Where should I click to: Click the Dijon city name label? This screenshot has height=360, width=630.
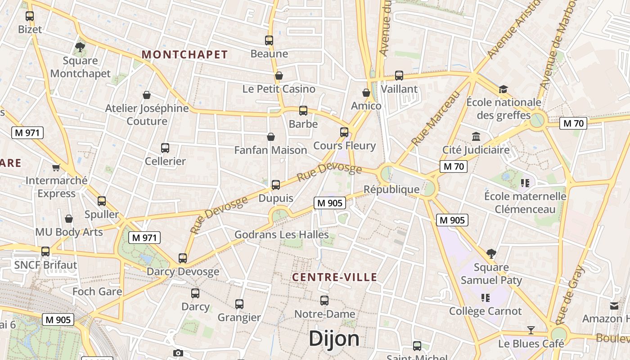[334, 339]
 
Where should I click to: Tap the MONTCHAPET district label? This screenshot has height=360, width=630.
[185, 55]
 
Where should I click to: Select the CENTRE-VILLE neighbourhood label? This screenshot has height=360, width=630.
[335, 277]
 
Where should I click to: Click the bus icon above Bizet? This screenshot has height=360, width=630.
[30, 16]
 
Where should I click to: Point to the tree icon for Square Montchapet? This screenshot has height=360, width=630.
[80, 47]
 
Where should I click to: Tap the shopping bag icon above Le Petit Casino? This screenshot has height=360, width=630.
[279, 76]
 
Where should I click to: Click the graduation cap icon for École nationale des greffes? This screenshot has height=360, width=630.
[503, 89]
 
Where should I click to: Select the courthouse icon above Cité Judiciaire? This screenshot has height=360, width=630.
[476, 136]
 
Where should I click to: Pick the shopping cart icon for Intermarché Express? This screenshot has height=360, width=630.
[56, 167]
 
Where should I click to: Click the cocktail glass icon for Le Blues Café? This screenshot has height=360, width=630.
[531, 330]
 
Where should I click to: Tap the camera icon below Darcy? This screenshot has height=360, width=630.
[178, 353]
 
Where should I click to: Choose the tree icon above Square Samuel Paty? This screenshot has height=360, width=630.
[491, 254]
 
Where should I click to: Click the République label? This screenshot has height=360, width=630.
[391, 189]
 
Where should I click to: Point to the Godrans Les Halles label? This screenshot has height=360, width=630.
[282, 234]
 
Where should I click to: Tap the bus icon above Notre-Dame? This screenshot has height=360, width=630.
[324, 301]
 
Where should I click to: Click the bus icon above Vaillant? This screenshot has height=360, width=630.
[399, 76]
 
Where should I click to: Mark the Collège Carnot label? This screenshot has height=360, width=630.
[486, 311]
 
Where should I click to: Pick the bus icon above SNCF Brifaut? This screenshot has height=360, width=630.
[45, 252]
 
